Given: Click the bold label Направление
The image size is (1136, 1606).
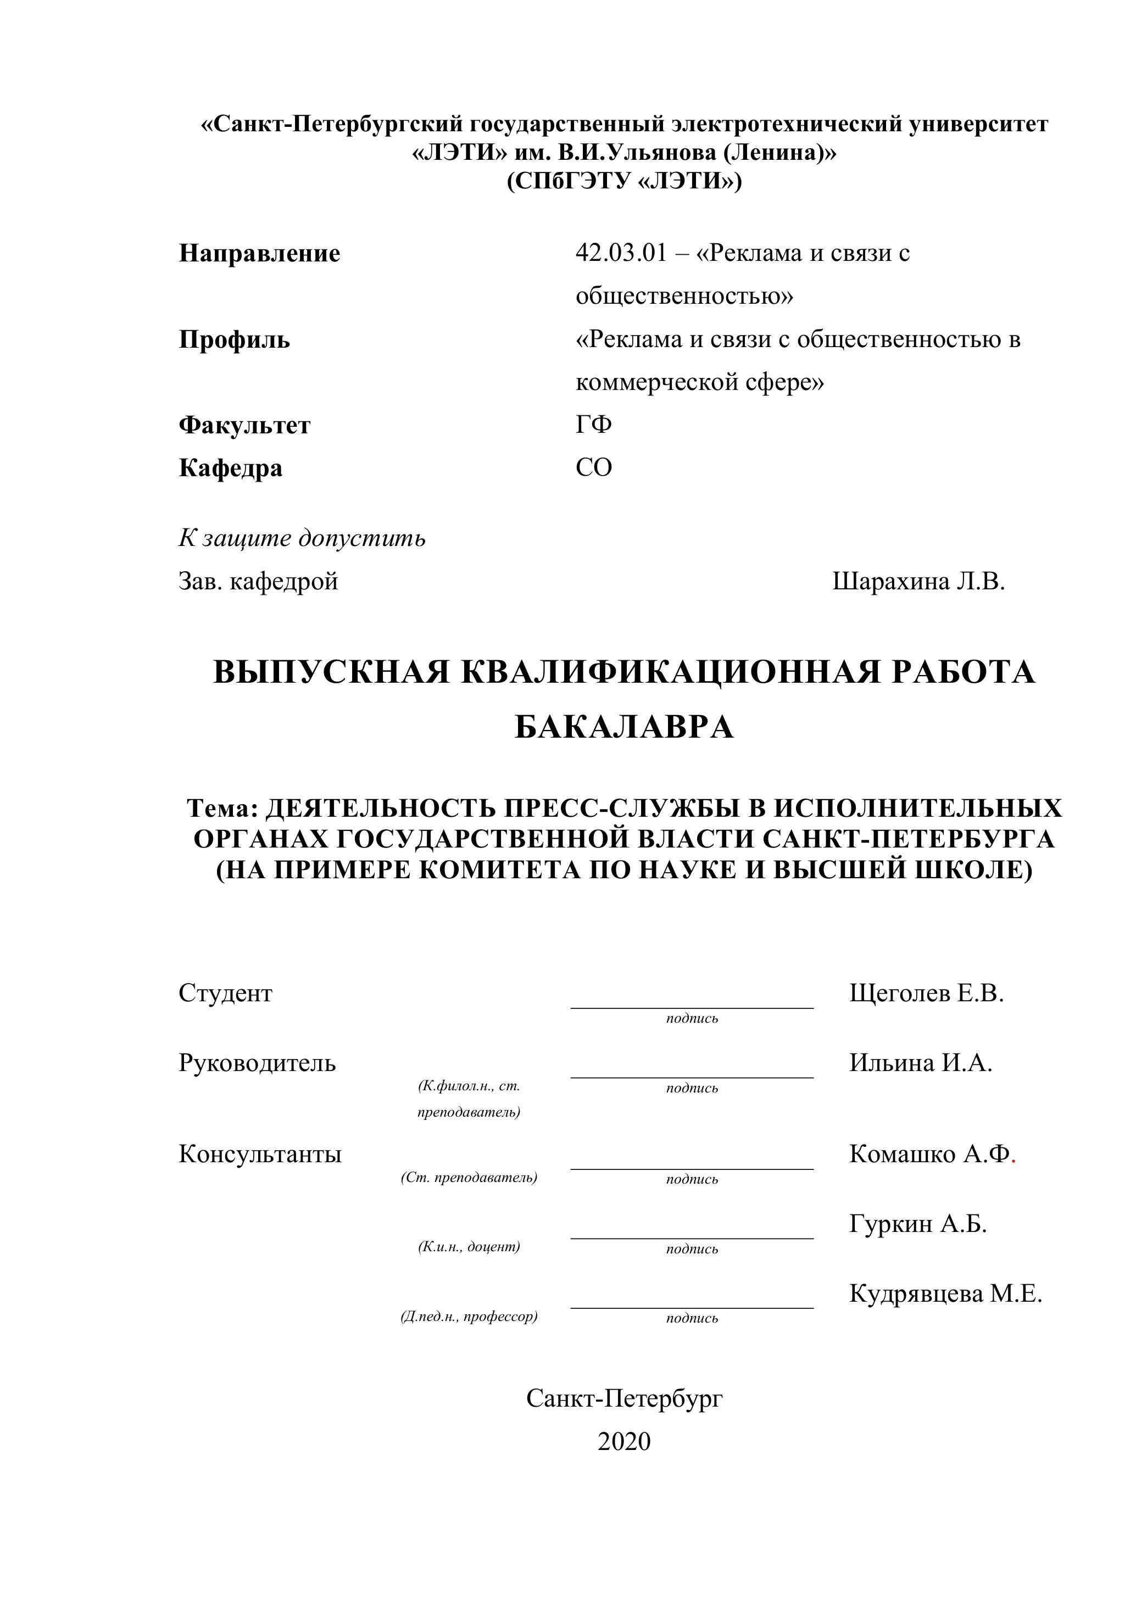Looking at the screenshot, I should click(x=259, y=253).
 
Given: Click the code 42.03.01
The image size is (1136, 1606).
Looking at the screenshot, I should click(x=621, y=253).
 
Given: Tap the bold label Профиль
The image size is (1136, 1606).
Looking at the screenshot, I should click(x=235, y=339).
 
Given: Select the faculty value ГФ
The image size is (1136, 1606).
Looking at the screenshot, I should click(x=594, y=425).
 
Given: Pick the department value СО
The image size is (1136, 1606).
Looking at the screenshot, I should click(x=594, y=467).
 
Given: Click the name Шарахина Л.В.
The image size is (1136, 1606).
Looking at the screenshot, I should click(x=918, y=581).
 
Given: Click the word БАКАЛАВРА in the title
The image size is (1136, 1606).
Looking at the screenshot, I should click(x=624, y=727).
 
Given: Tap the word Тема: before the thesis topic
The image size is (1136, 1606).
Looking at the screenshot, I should click(x=222, y=808).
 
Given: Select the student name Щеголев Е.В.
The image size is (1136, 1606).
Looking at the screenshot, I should click(x=927, y=992).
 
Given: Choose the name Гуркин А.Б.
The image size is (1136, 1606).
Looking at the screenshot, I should click(x=918, y=1223).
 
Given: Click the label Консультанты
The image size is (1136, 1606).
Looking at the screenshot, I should click(x=260, y=1153).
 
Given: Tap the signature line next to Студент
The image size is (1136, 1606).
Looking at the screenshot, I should click(x=692, y=1007).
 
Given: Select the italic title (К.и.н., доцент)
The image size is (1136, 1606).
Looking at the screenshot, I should click(x=469, y=1246).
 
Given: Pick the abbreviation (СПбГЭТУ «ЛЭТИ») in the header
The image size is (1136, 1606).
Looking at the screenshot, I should click(x=624, y=181).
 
